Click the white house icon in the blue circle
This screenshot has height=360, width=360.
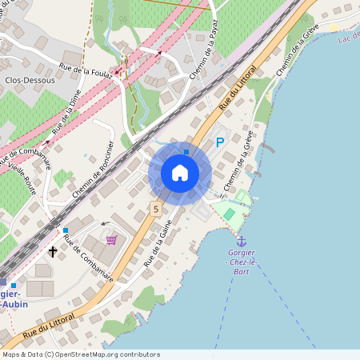180,172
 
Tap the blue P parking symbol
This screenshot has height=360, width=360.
220,142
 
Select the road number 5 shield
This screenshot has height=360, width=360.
157,209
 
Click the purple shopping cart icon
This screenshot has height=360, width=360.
111,239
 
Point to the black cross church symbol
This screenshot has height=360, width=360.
53,251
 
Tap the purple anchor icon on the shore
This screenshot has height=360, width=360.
241,240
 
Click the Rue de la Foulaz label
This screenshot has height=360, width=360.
86,66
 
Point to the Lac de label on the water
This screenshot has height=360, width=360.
348,38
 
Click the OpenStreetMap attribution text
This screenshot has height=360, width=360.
81,354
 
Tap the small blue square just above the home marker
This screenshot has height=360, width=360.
186,152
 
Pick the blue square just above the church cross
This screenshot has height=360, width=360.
66,230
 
